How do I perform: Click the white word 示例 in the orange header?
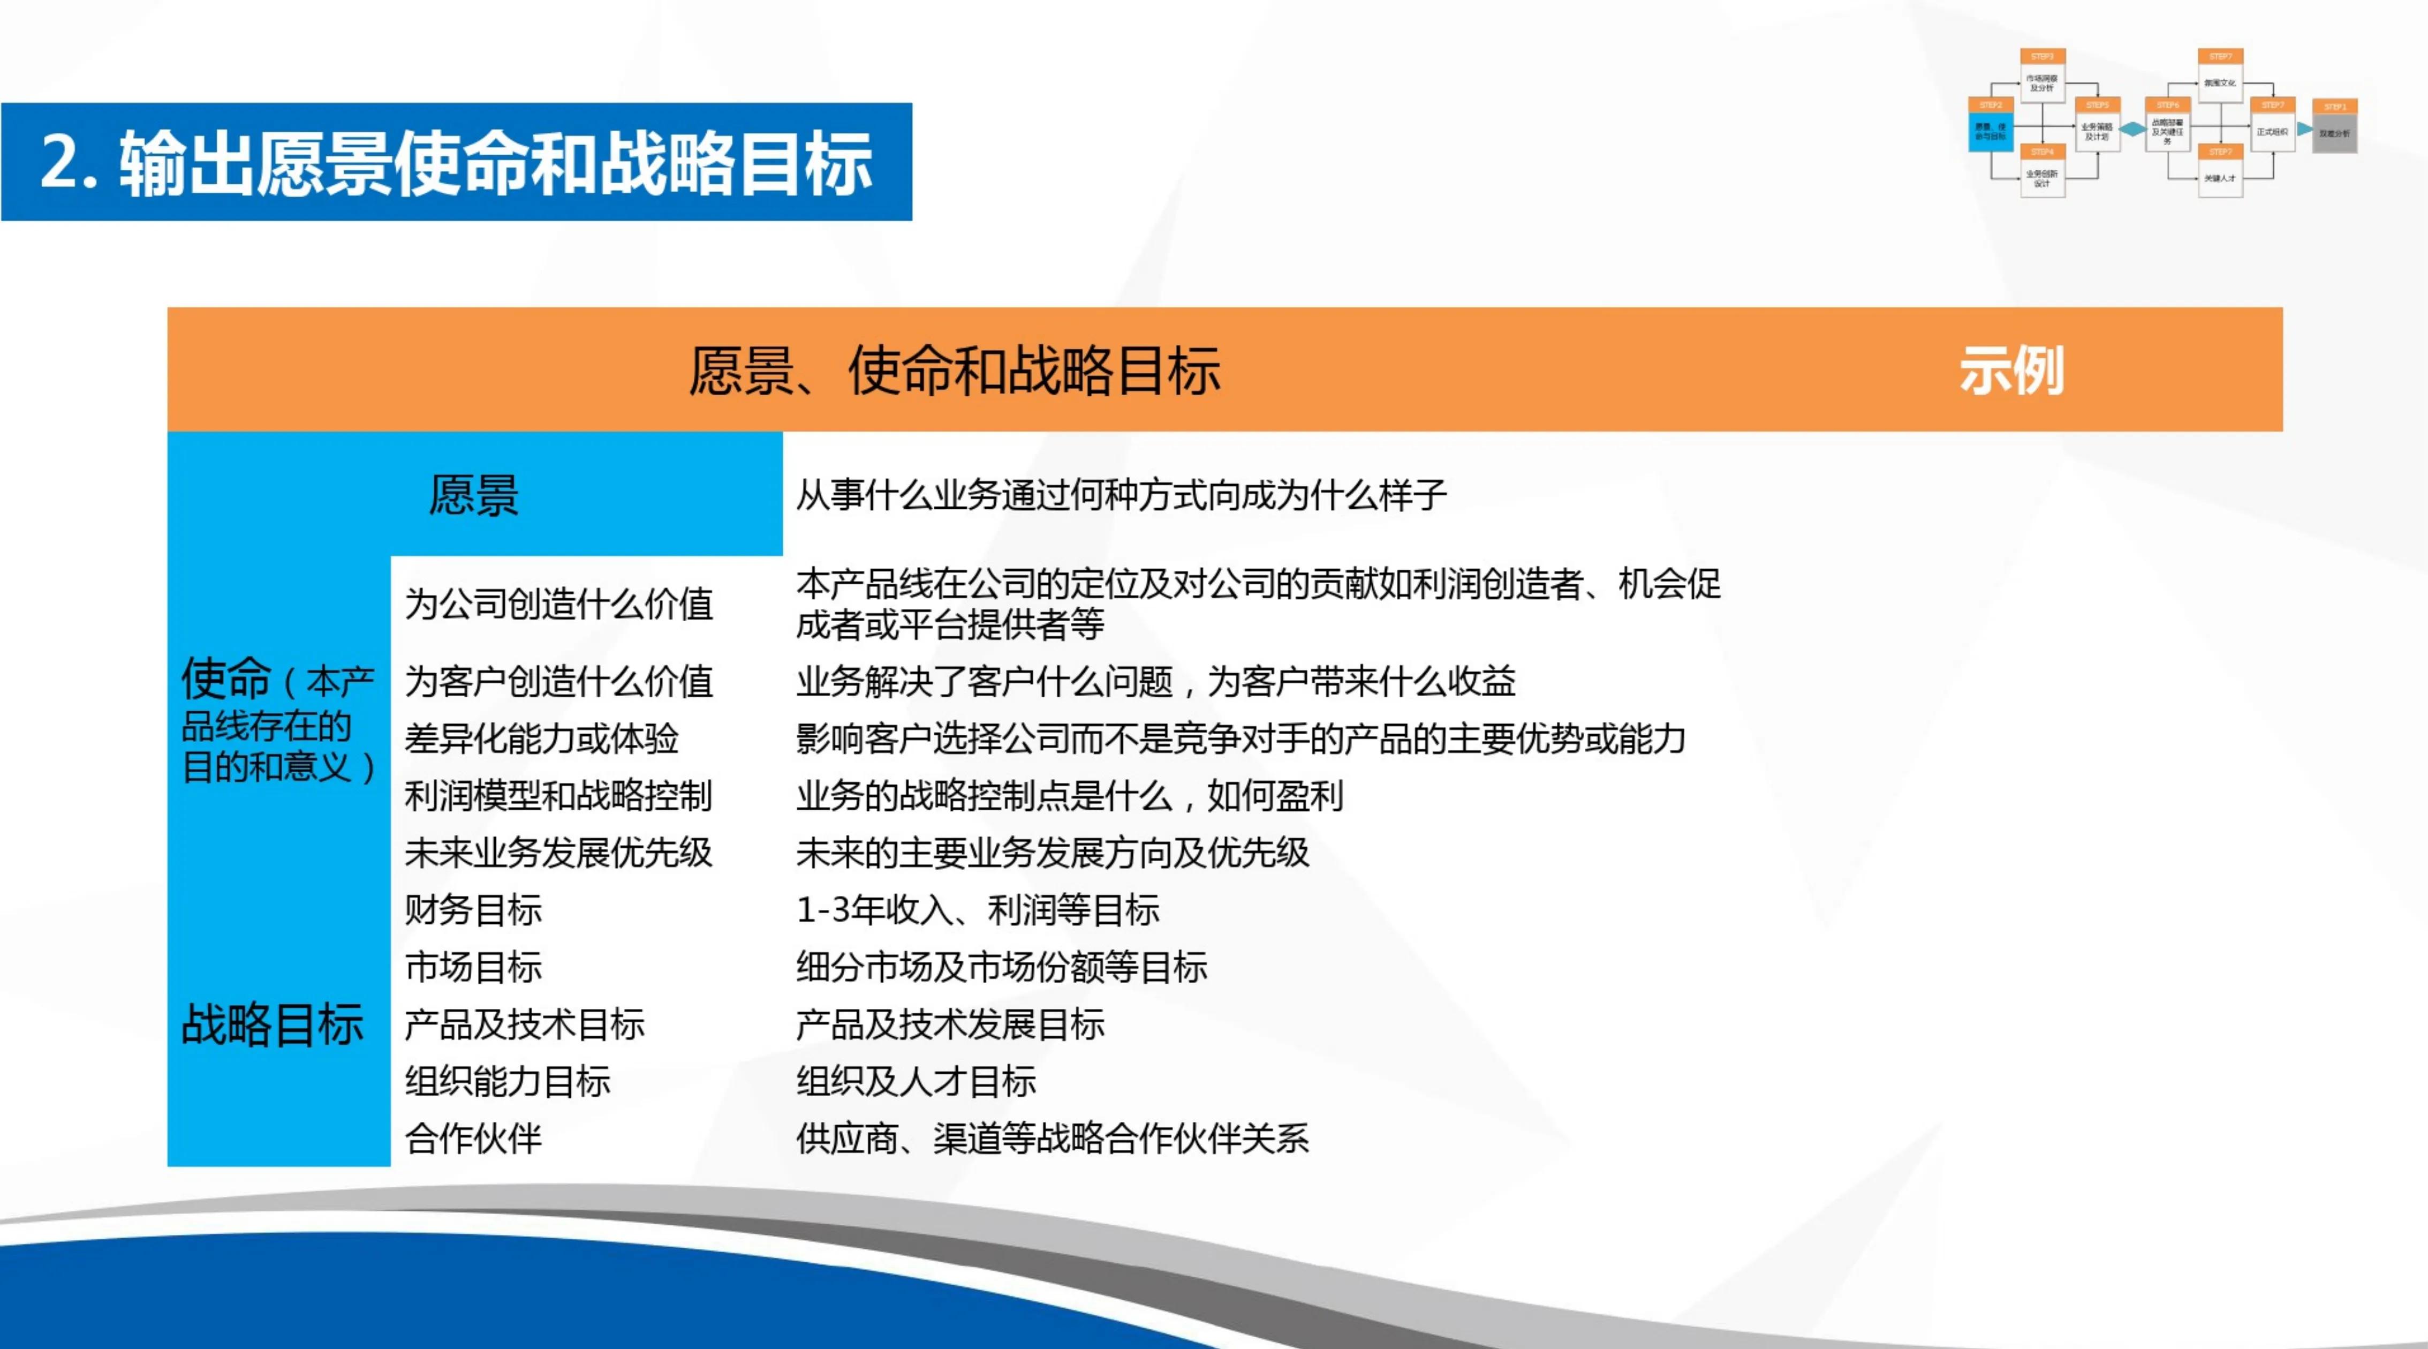(x=2011, y=371)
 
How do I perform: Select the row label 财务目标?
(x=473, y=910)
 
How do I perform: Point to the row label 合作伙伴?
(x=473, y=1139)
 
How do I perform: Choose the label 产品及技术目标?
(x=524, y=1024)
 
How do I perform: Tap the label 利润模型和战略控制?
(x=558, y=796)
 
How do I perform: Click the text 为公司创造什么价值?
(x=558, y=604)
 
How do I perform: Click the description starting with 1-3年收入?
(x=978, y=910)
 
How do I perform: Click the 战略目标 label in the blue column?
(x=273, y=1024)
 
